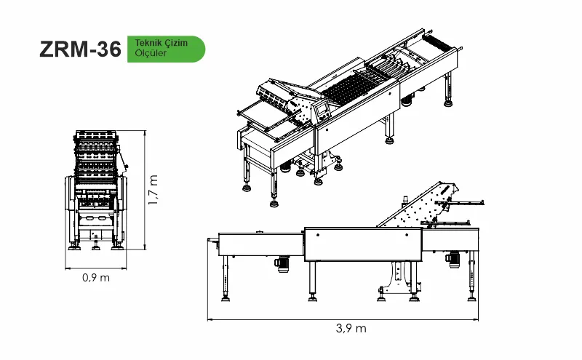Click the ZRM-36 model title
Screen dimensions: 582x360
point(80,49)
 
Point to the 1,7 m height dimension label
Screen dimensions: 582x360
point(153,190)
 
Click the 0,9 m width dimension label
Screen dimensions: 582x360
point(96,278)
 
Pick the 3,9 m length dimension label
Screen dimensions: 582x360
point(351,329)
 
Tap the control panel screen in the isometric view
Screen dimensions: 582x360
point(322,109)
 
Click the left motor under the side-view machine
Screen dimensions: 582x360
point(282,263)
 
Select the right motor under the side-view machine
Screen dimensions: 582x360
point(453,259)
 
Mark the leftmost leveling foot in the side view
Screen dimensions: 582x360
point(226,297)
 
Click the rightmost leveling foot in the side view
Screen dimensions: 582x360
point(471,297)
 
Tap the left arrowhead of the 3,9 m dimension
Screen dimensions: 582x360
point(210,319)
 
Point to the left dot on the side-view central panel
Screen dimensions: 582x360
point(318,235)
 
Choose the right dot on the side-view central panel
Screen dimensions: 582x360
point(407,235)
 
